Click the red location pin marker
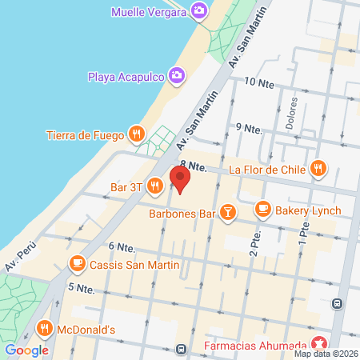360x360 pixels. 179,179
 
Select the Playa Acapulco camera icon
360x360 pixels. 177,76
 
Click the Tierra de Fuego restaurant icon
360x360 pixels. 137,134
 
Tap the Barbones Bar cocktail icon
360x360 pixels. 229,213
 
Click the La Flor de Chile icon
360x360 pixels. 318,169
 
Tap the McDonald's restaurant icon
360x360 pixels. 44,329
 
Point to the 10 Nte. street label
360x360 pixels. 259,82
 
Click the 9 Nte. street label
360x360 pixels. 250,128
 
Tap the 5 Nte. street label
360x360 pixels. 82,287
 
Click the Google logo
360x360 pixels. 26,350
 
